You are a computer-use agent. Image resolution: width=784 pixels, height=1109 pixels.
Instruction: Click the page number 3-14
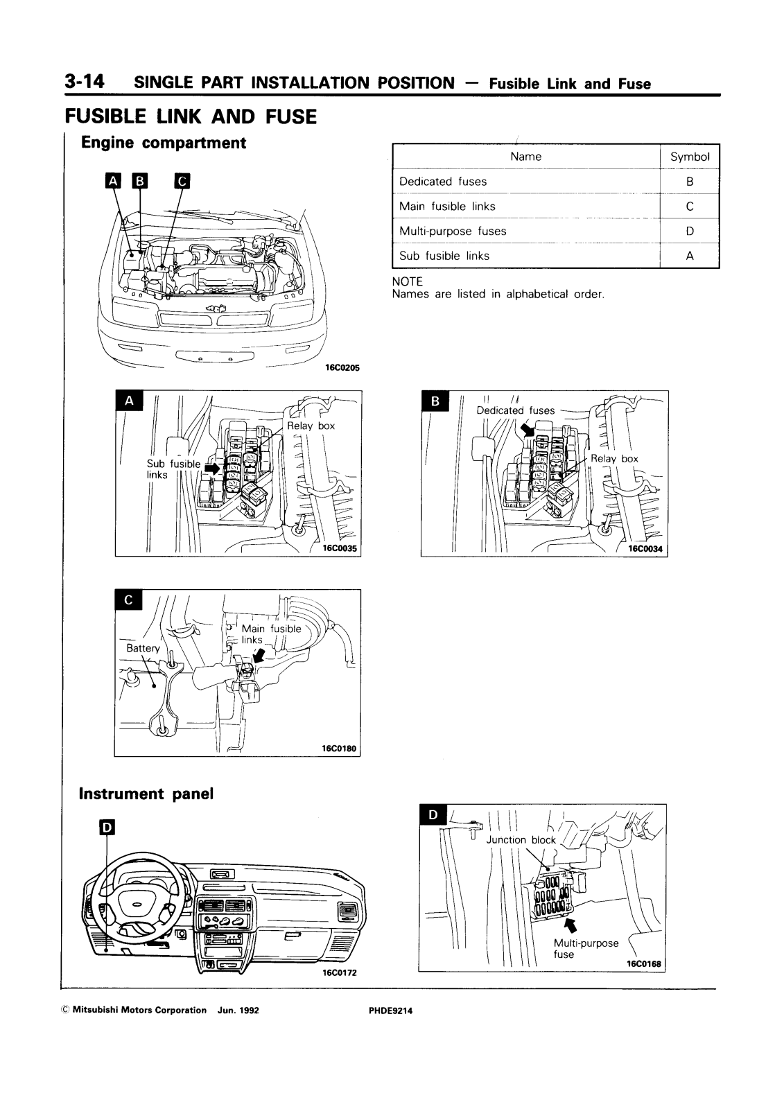pyautogui.click(x=84, y=82)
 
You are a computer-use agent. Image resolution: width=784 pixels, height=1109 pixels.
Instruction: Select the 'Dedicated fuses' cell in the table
pyautogui.click(x=443, y=182)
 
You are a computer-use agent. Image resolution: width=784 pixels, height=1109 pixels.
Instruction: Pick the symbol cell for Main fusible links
pyautogui.click(x=689, y=207)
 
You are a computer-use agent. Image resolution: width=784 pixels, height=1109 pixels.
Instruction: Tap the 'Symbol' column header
pyautogui.click(x=690, y=157)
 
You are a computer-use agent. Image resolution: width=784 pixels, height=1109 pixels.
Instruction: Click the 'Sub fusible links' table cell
pyautogui.click(x=444, y=256)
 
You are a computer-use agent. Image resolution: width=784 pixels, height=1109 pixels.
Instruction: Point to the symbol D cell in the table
pyautogui.click(x=689, y=232)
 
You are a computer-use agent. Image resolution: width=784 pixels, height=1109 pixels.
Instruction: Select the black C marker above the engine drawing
pyautogui.click(x=182, y=182)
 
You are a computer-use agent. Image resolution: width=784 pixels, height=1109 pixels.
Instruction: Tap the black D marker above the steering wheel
pyautogui.click(x=107, y=827)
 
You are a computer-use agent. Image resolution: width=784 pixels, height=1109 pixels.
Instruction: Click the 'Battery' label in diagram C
pyautogui.click(x=143, y=648)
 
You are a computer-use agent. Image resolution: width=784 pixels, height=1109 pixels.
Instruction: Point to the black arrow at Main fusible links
pyautogui.click(x=259, y=656)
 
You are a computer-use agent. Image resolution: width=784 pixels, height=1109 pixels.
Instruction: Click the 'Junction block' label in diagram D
pyautogui.click(x=521, y=840)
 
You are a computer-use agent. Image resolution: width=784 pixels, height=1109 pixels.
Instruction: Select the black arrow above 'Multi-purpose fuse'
pyautogui.click(x=570, y=925)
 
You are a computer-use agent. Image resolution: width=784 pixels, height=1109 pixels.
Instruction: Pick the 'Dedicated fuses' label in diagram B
pyautogui.click(x=515, y=410)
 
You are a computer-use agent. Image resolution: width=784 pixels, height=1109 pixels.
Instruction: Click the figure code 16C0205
pyautogui.click(x=342, y=369)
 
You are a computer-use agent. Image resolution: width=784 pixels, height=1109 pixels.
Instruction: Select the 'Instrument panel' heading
pyautogui.click(x=146, y=794)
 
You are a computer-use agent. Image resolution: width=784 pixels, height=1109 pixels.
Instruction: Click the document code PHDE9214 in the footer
pyautogui.click(x=391, y=1011)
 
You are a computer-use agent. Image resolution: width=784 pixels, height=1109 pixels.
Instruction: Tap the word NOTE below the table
pyautogui.click(x=407, y=282)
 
